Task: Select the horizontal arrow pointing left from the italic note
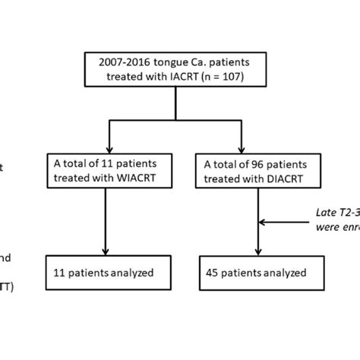tap(285, 223)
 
